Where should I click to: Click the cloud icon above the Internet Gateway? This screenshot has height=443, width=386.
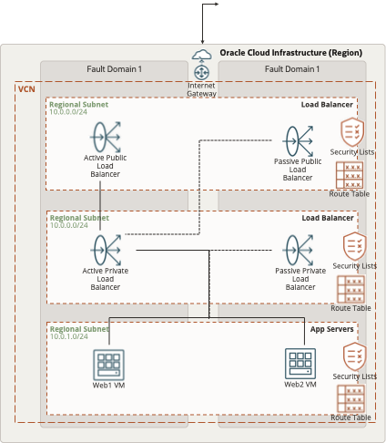click(x=202, y=55)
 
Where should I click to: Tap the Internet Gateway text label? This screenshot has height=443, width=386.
click(x=201, y=89)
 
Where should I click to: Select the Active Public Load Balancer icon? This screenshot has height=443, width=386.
click(x=106, y=137)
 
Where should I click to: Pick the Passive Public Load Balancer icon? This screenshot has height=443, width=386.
click(x=298, y=141)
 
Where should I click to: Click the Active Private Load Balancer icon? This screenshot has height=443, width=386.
click(x=106, y=250)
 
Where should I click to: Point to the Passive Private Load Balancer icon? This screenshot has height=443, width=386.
click(x=298, y=250)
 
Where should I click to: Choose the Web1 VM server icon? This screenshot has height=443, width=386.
click(x=108, y=365)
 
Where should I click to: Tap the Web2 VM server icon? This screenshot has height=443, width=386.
click(x=300, y=364)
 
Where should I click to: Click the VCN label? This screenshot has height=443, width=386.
click(x=26, y=89)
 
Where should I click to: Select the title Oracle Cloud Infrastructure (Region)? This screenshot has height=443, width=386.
click(x=291, y=53)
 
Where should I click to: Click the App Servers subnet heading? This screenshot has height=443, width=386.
click(x=332, y=329)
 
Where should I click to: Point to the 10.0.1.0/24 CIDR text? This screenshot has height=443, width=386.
click(x=69, y=336)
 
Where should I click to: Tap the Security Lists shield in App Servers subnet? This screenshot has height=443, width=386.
click(x=355, y=356)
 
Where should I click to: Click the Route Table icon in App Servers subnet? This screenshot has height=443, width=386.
click(x=350, y=399)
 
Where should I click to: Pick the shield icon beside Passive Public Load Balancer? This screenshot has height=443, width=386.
click(x=352, y=132)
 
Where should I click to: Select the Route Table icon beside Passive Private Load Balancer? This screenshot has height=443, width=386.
click(x=350, y=289)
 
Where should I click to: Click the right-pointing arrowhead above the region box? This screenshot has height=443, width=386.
click(x=217, y=4)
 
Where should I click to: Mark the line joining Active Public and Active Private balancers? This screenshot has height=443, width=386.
click(x=100, y=206)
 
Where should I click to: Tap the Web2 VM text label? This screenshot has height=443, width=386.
click(x=300, y=385)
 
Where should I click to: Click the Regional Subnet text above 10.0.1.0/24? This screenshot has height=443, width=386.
click(x=79, y=329)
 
